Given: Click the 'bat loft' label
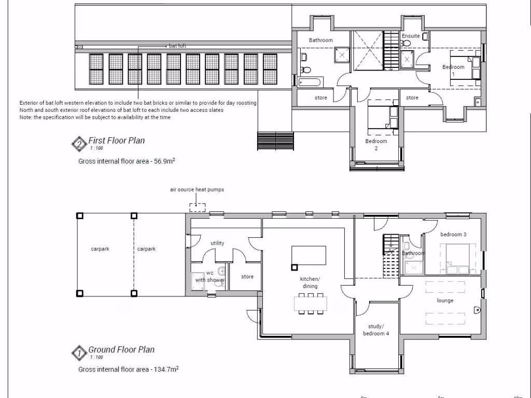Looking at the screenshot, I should click(177, 46).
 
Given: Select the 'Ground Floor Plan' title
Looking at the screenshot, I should click(121, 350).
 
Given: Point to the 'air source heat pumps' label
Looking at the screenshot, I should click(197, 190).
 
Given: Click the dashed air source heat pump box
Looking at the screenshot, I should click(197, 207).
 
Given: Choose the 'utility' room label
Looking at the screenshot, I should click(217, 243).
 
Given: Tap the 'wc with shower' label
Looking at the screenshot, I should click(209, 276).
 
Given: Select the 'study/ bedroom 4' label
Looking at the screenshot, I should click(376, 330).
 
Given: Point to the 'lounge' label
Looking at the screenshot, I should click(444, 301).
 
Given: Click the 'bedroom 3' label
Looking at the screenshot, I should click(453, 234).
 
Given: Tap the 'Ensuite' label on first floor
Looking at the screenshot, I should click(410, 36).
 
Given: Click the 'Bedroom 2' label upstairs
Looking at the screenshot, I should click(376, 145).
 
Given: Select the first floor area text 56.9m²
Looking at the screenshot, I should click(126, 161).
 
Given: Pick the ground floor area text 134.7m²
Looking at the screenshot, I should click(129, 369).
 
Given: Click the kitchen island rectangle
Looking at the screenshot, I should click(309, 255).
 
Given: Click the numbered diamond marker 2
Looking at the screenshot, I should click(79, 144).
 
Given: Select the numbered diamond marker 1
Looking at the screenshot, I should click(79, 353).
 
